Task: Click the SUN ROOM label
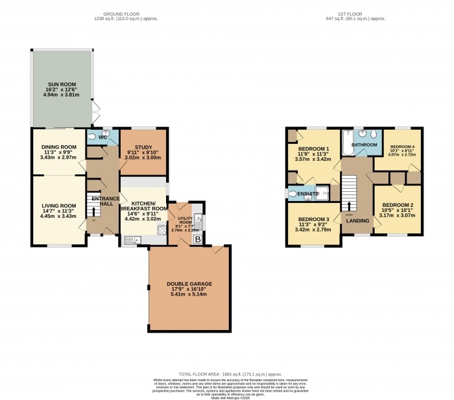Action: click(62, 83)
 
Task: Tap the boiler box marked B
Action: click(198, 239)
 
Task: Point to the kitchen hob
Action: click(159, 228)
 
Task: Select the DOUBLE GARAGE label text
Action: click(189, 283)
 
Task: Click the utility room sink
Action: click(200, 220)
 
